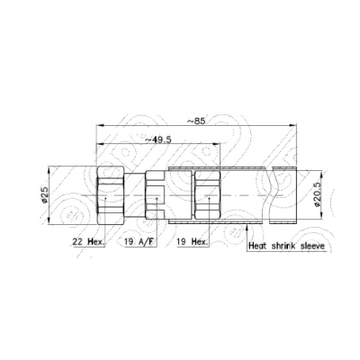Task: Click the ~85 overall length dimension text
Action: (196, 121)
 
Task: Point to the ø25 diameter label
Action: (44, 195)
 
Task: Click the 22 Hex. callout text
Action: (89, 242)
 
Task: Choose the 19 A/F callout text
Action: (139, 242)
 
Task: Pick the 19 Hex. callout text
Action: (193, 242)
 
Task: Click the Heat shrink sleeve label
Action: (287, 247)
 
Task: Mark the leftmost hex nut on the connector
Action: (111, 195)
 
